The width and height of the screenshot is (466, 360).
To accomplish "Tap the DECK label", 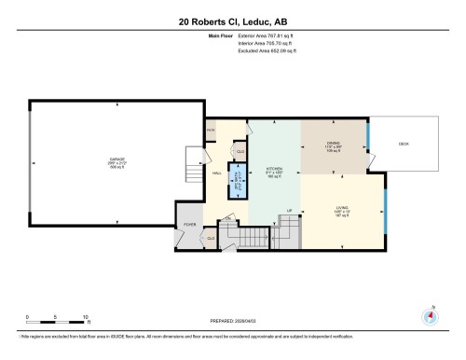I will pos(404,144).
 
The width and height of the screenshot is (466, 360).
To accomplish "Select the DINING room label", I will pos(334,142).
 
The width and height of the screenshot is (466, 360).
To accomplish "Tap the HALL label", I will pos(216,173).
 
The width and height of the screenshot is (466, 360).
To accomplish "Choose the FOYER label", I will pos(190,225).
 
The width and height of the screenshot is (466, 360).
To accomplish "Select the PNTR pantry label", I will pos(212,131).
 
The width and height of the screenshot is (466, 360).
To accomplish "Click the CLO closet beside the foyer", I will pos(211,238).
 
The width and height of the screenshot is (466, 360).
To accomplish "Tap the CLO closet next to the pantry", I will pos(240,151).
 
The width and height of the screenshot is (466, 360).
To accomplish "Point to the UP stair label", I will pos(289,211).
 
